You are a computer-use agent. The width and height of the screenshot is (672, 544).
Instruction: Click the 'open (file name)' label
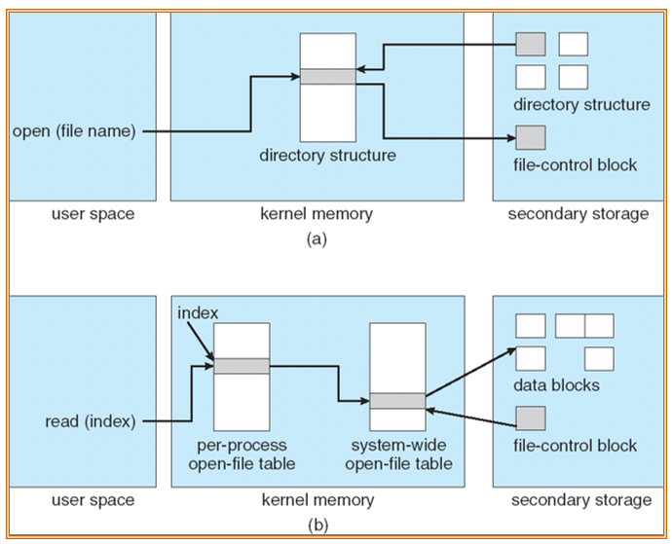click(x=74, y=131)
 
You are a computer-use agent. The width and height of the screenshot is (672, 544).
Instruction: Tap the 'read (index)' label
click(x=91, y=421)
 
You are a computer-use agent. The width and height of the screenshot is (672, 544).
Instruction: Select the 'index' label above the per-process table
click(x=198, y=313)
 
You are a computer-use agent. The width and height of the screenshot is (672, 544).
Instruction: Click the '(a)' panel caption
click(x=317, y=238)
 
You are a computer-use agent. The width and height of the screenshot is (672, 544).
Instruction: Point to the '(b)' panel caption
click(x=318, y=525)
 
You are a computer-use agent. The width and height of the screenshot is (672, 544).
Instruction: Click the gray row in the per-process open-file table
click(x=242, y=366)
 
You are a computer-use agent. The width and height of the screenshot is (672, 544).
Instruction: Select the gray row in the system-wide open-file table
click(x=397, y=401)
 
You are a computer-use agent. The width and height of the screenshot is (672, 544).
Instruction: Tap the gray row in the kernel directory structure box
click(x=328, y=77)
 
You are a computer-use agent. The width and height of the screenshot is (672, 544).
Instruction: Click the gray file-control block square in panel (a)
click(x=531, y=138)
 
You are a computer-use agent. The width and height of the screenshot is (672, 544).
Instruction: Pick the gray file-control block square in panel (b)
click(x=531, y=418)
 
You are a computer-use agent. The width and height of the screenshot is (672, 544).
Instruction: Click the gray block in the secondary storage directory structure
click(x=531, y=44)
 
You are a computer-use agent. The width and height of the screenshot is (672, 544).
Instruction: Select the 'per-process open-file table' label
click(x=242, y=454)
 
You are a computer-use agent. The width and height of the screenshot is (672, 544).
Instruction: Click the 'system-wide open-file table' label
click(x=398, y=454)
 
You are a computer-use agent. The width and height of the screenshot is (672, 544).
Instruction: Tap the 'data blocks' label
click(x=556, y=385)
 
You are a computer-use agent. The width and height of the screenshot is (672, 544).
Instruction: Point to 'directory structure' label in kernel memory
click(x=328, y=155)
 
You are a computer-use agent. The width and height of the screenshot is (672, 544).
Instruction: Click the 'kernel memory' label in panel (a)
click(x=317, y=214)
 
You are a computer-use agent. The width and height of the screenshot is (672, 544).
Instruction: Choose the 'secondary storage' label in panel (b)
click(x=581, y=500)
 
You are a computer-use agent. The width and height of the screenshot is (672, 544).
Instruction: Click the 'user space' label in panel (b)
click(x=93, y=500)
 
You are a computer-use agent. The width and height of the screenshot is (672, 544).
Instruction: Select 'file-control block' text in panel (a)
click(x=576, y=164)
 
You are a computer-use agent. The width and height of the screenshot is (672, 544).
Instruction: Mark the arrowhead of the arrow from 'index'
click(x=211, y=357)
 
